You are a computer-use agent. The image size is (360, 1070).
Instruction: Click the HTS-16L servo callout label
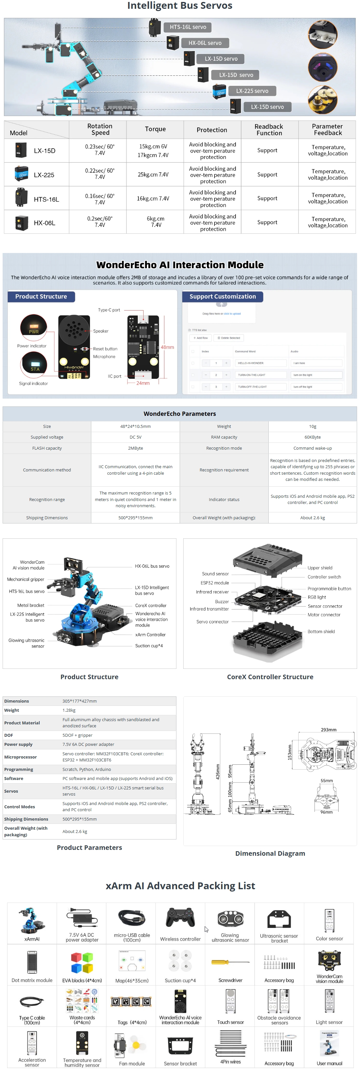188,27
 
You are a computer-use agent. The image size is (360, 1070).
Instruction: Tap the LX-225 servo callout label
252,91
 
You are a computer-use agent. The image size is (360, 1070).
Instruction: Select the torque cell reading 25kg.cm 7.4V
153,175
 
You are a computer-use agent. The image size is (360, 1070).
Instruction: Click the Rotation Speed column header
100,129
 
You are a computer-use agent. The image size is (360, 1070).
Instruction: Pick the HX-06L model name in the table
45,223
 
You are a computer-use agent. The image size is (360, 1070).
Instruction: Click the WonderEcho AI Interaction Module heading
180,265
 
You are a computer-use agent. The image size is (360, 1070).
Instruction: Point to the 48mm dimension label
167,347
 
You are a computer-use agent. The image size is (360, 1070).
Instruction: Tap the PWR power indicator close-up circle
34,327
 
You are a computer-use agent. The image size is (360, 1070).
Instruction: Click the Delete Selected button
229,338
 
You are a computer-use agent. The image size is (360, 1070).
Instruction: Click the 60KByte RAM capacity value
312,437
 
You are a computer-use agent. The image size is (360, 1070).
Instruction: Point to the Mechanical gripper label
26,579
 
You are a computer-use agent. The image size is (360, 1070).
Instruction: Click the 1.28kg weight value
69,710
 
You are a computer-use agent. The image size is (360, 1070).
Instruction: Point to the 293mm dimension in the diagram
328,730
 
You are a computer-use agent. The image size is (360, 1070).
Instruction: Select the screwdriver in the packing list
230,962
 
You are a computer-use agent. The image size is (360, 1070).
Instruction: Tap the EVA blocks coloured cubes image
82,963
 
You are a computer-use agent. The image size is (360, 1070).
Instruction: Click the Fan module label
132,1064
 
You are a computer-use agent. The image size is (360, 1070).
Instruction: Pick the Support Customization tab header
223,297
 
